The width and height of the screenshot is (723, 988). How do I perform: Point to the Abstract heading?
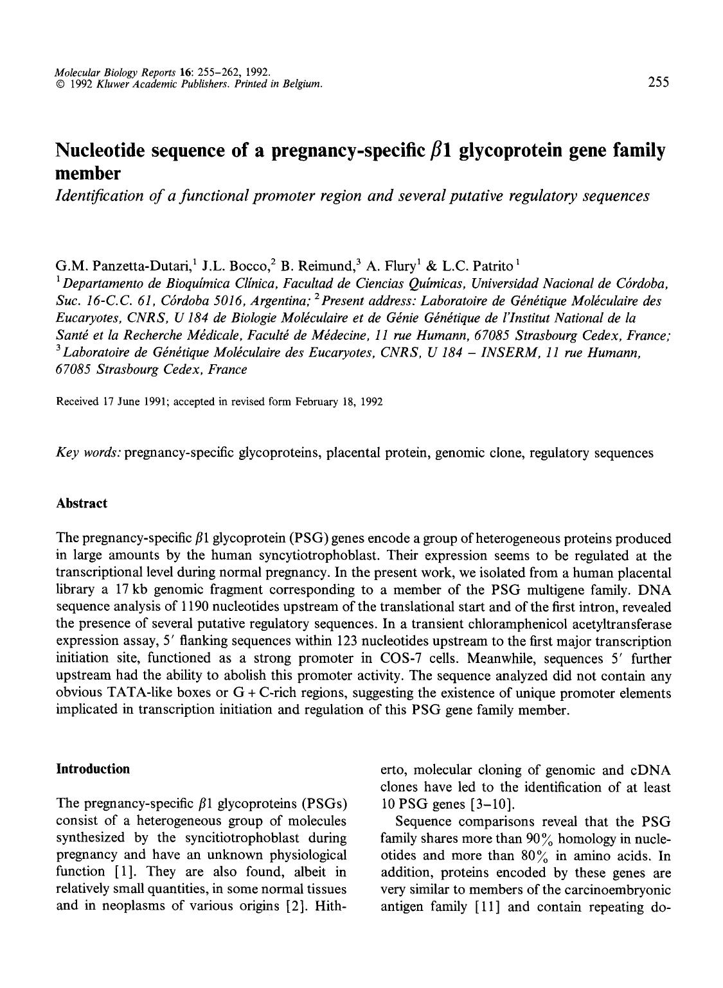[x=82, y=503]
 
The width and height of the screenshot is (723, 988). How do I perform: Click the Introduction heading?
[x=93, y=769]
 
